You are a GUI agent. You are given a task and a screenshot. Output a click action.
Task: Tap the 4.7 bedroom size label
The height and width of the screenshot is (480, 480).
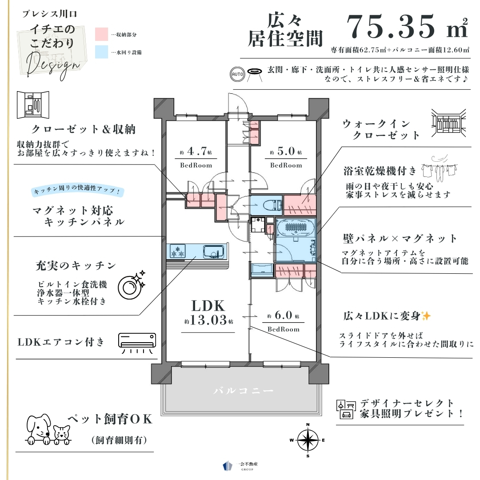tap(196, 152)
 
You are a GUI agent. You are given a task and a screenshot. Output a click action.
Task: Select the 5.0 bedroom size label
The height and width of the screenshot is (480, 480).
tap(286, 152)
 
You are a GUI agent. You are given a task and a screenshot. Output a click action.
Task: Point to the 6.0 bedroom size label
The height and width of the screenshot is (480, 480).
tap(283, 315)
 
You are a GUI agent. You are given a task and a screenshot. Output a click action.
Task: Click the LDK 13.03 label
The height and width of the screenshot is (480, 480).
tap(208, 313)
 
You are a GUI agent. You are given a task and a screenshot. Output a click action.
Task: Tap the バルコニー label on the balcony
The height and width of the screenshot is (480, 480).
tap(244, 391)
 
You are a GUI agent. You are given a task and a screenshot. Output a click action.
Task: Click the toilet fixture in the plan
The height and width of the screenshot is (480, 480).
tap(275, 205)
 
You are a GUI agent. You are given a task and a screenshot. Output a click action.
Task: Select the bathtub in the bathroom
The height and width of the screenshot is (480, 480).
tap(296, 227)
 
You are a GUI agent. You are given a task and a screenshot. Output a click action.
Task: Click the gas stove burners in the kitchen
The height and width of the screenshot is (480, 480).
tap(177, 251)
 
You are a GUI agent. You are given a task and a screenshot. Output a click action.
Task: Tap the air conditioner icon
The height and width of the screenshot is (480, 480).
tap(137, 343)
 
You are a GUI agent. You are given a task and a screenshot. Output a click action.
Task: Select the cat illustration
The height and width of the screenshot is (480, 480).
tap(62, 435)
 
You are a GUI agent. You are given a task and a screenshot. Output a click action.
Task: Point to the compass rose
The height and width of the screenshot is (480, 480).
tap(308, 440)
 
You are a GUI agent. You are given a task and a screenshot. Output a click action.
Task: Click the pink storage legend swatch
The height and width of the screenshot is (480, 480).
tap(101, 34)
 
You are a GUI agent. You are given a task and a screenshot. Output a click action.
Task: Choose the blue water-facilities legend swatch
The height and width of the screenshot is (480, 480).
tap(101, 52)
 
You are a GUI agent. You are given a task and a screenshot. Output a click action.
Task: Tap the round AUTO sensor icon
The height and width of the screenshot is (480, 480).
tap(237, 74)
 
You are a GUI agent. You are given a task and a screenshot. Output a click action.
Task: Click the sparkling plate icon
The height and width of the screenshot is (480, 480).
tap(131, 285)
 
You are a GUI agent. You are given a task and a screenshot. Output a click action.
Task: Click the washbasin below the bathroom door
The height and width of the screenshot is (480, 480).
tap(262, 270)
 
